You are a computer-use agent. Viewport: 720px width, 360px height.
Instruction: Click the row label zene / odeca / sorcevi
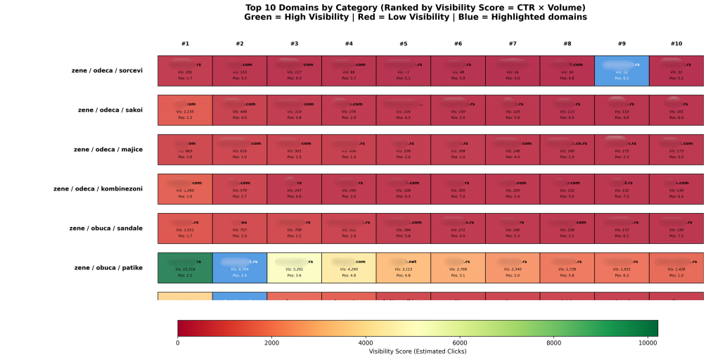coord(107,70)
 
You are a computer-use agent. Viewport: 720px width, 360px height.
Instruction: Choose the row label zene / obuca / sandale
coord(106,228)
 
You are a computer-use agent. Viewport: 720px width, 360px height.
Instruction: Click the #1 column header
coord(185,44)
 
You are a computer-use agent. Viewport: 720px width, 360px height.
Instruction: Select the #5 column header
coord(404,44)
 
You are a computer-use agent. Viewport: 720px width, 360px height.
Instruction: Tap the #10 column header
coord(676,44)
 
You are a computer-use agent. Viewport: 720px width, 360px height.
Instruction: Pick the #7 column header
coord(513,44)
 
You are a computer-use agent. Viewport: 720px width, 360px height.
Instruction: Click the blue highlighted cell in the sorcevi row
coord(622,70)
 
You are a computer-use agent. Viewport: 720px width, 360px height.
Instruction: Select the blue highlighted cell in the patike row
coord(240,268)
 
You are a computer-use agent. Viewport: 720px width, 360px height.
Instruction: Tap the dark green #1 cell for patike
coord(185,268)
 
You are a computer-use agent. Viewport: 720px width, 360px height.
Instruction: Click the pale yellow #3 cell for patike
coord(294,268)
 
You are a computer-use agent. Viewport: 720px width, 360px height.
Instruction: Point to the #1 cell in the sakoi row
coord(185,110)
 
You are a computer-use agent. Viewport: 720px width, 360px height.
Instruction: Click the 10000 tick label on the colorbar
coord(648,343)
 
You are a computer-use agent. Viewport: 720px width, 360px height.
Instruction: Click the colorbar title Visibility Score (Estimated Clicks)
coord(418,351)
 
